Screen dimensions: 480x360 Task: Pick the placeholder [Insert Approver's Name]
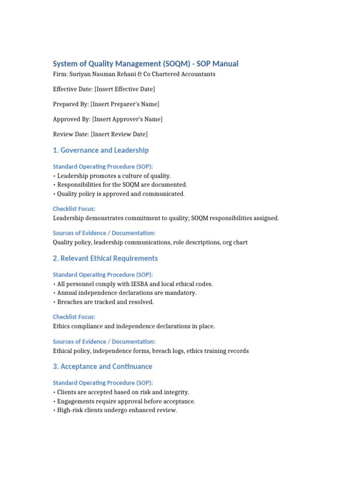coord(127,119)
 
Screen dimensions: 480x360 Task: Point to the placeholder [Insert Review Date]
coord(120,134)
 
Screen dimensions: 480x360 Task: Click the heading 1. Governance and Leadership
coord(101,150)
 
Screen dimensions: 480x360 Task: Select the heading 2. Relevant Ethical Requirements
coord(105,258)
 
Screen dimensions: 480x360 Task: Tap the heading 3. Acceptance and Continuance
coord(103,367)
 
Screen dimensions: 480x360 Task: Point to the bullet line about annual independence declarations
coord(127,293)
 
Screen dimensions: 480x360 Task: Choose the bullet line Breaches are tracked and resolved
coord(105,302)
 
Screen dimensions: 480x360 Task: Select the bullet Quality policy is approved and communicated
coord(121,194)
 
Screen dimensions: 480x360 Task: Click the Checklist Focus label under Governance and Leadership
coord(74,209)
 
